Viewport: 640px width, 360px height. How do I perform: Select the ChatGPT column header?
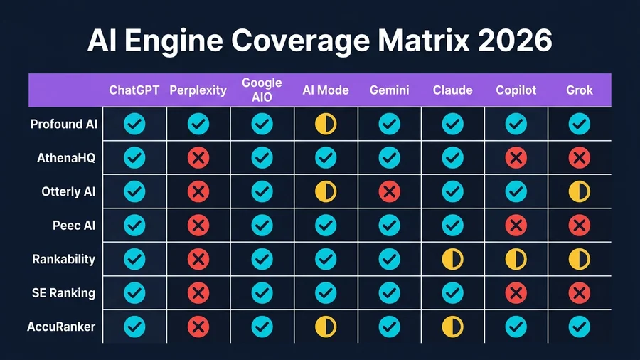click(134, 90)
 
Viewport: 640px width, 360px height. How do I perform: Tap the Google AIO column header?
click(262, 90)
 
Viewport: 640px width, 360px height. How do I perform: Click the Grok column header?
click(580, 90)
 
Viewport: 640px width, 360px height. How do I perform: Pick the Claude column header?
click(452, 90)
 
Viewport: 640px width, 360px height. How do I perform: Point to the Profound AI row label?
click(63, 125)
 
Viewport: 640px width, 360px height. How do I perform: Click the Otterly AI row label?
click(68, 192)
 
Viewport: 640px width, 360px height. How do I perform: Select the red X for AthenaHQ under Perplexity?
click(198, 158)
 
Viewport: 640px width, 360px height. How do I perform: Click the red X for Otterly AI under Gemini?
click(389, 191)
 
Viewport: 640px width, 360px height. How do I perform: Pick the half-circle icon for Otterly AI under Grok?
click(580, 191)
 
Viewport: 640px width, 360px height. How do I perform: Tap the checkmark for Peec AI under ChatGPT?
click(134, 226)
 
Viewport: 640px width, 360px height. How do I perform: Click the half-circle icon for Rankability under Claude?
click(452, 259)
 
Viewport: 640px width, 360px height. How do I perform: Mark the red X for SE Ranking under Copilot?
click(516, 292)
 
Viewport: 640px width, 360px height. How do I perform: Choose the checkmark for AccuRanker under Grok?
click(580, 327)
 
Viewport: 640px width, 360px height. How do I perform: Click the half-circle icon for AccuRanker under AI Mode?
click(326, 327)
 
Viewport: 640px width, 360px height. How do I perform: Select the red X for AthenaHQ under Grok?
click(580, 158)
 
